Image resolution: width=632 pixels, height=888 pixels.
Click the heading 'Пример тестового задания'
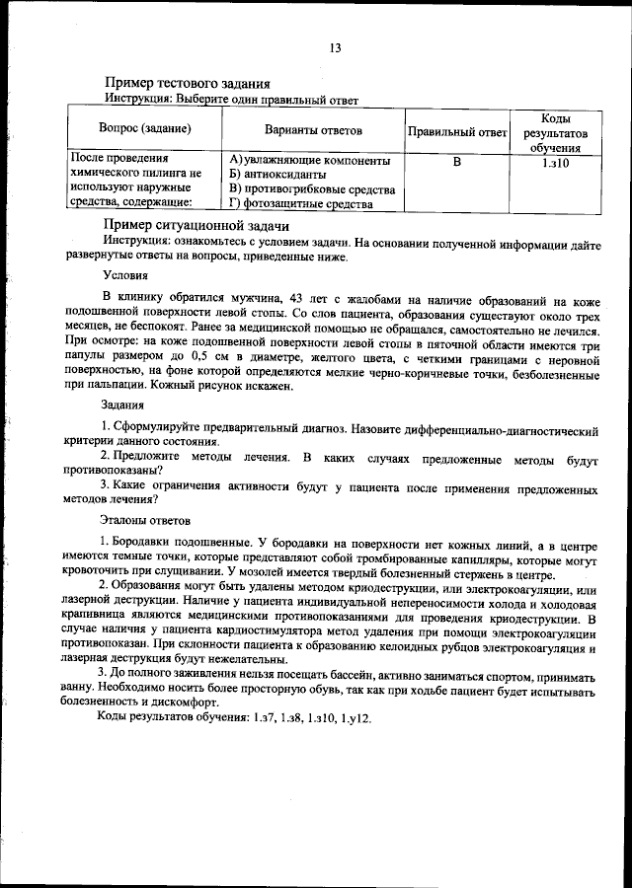[x=188, y=84]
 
